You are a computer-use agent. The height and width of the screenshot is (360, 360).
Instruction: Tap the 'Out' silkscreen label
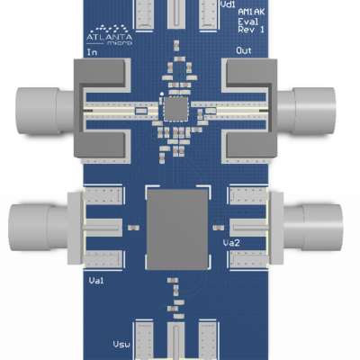[x=243, y=51]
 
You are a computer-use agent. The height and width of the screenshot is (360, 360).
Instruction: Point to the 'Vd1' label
[x=229, y=5]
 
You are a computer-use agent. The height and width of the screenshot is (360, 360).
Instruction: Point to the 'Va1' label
[x=97, y=282]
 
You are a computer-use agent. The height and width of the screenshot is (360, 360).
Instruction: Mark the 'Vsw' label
[x=121, y=345]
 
